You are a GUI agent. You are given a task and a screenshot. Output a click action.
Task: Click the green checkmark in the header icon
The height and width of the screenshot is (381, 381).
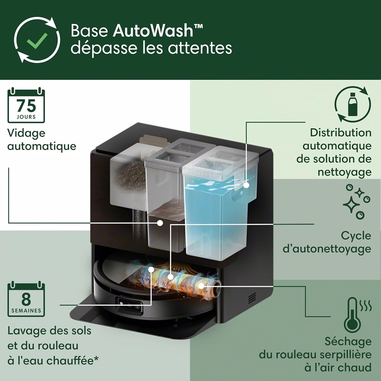pos(37,40)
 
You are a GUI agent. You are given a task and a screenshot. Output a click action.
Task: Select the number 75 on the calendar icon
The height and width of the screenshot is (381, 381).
pos(26,106)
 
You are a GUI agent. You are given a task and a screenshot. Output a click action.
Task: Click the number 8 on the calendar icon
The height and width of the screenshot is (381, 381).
pos(26,299)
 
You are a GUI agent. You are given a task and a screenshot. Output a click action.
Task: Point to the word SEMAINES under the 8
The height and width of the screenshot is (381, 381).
pos(26,311)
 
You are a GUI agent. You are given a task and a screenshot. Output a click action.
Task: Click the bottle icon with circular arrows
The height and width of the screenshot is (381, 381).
pos(352,104)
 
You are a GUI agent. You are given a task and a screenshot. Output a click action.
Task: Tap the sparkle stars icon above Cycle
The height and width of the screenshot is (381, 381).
pos(357,202)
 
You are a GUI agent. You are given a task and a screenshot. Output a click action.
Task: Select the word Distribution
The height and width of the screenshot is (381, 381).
pos(341,133)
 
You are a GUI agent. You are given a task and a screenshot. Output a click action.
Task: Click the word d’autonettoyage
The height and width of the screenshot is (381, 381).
pos(327,249)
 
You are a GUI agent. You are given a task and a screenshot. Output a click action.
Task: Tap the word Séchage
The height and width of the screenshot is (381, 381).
pos(348,342)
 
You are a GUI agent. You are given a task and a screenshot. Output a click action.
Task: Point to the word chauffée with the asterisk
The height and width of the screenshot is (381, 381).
pos(72,360)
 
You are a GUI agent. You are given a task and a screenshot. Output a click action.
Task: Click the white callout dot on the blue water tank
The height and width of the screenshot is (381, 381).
pos(247,185)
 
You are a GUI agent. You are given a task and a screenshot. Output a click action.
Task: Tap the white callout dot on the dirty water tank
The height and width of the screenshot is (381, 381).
pos(160,223)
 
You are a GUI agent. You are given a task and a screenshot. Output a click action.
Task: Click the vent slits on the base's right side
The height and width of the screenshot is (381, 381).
pos(252,298)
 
